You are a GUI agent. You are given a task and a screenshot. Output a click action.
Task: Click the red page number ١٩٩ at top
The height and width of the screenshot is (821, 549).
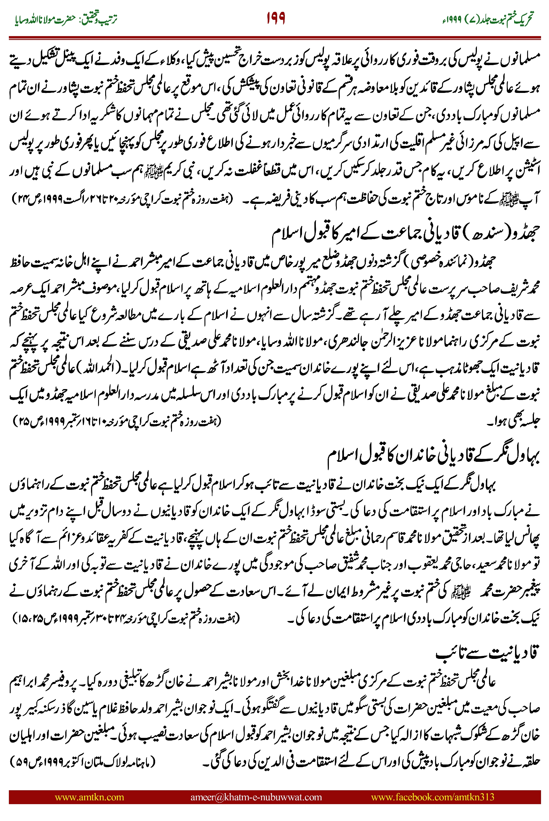[x=276, y=18]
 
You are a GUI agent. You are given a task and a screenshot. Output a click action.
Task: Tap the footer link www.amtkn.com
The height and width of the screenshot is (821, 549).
[x=89, y=797]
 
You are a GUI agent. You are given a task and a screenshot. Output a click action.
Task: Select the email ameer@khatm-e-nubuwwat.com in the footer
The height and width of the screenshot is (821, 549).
[x=256, y=797]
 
